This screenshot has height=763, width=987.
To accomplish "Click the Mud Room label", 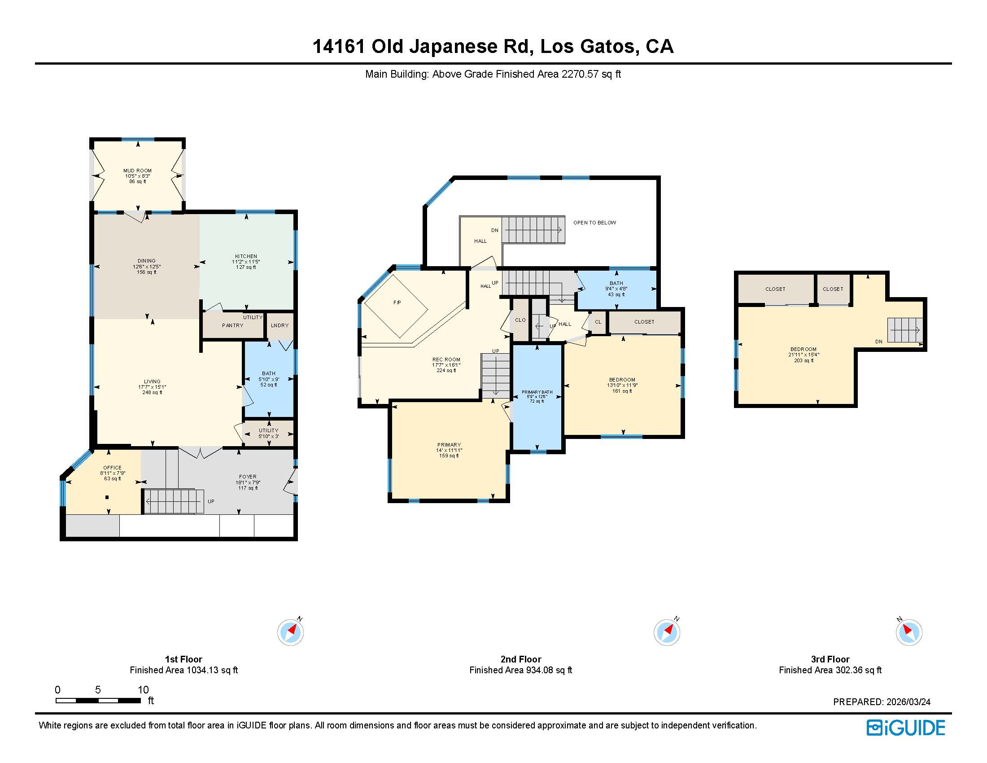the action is pos(137,171).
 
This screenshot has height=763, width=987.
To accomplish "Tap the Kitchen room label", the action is pos(246,256).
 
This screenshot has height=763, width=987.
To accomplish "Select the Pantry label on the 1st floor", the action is pos(233,325).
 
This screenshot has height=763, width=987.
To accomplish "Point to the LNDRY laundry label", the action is pos(280,325).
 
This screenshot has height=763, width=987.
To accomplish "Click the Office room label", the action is pos(112,468).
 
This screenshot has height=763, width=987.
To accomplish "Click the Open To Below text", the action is pos(594,223).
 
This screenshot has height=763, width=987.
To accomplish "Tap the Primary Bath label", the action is pos(537,392).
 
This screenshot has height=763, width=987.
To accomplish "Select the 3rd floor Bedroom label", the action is pos(803,349).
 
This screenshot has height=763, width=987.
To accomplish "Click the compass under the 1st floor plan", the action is pos(290,632).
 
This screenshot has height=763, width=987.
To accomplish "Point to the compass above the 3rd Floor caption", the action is pos(909,632).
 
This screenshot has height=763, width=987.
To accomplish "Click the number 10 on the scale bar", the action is pos(143,690).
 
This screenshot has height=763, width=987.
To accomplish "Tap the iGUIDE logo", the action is pos(906,727).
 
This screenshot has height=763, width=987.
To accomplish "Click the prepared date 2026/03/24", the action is pos(908,702).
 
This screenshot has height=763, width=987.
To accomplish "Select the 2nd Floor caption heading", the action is pos(520,659).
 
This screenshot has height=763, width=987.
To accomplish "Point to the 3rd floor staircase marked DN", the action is pos(904,330).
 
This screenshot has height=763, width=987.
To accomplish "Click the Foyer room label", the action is pos(248,476).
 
